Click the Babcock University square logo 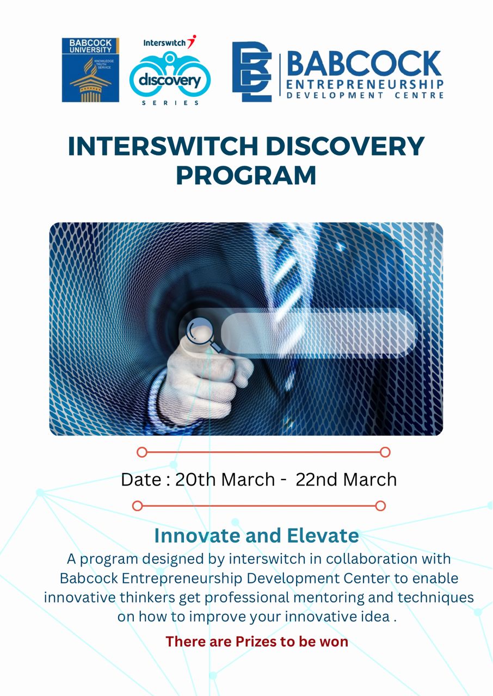[90, 70]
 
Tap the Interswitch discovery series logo [170, 70]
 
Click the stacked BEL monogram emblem [252, 72]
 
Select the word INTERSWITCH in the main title [163, 146]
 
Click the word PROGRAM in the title [246, 176]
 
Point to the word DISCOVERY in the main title [345, 146]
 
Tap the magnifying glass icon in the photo [204, 335]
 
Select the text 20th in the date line [195, 480]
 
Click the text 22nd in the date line [318, 480]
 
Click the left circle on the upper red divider [141, 452]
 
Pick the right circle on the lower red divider [380, 506]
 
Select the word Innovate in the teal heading [197, 536]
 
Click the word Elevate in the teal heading [323, 536]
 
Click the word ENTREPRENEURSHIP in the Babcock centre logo [365, 84]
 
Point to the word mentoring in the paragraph [329, 597]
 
